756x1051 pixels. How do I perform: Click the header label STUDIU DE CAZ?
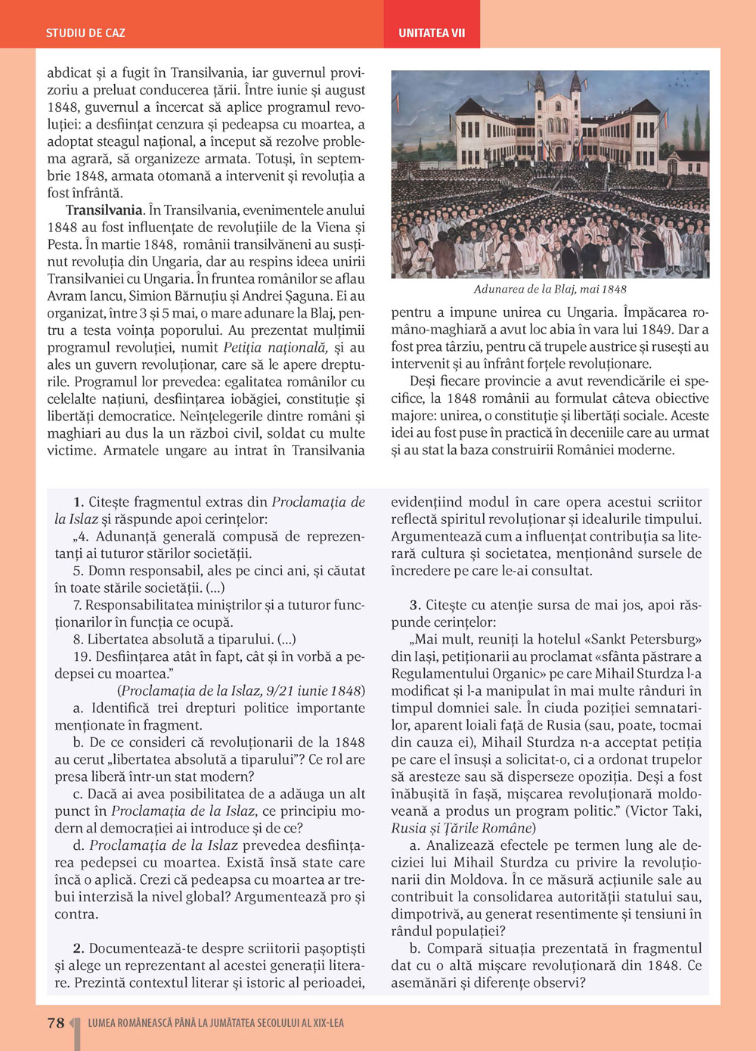[85, 33]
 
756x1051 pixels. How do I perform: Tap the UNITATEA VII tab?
[432, 33]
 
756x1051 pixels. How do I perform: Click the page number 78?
[56, 1023]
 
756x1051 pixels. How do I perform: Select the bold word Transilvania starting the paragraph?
[104, 210]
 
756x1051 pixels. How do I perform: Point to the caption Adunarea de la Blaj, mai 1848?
[550, 289]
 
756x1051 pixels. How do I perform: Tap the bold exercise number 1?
[78, 502]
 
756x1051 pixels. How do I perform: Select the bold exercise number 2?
[78, 949]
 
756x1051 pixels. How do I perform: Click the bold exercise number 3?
[414, 605]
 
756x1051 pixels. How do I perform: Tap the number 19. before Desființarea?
[82, 657]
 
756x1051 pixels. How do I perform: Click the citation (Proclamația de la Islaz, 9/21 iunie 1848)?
[241, 691]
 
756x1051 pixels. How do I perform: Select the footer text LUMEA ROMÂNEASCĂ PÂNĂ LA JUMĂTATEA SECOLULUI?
[215, 1023]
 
